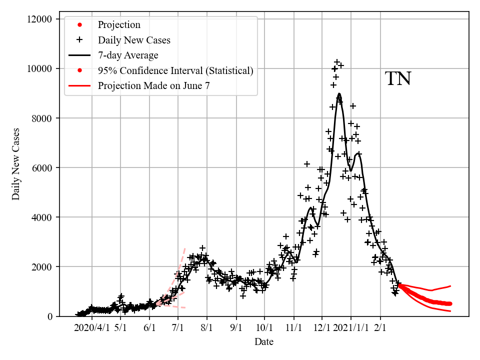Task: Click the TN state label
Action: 398,79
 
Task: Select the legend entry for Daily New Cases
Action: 134,40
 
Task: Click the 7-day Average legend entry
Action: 128,55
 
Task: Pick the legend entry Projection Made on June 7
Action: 153,86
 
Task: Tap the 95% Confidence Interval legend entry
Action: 175,71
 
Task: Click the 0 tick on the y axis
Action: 49,316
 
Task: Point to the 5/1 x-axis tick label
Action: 120,328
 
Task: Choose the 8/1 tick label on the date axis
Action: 207,328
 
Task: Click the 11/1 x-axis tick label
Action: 293,328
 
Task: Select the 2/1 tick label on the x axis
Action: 380,328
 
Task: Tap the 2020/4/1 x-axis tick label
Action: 91,328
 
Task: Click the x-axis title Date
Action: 263,342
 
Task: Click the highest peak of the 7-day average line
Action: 339,93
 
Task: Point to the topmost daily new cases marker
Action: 337,62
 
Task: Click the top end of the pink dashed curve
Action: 184,248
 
